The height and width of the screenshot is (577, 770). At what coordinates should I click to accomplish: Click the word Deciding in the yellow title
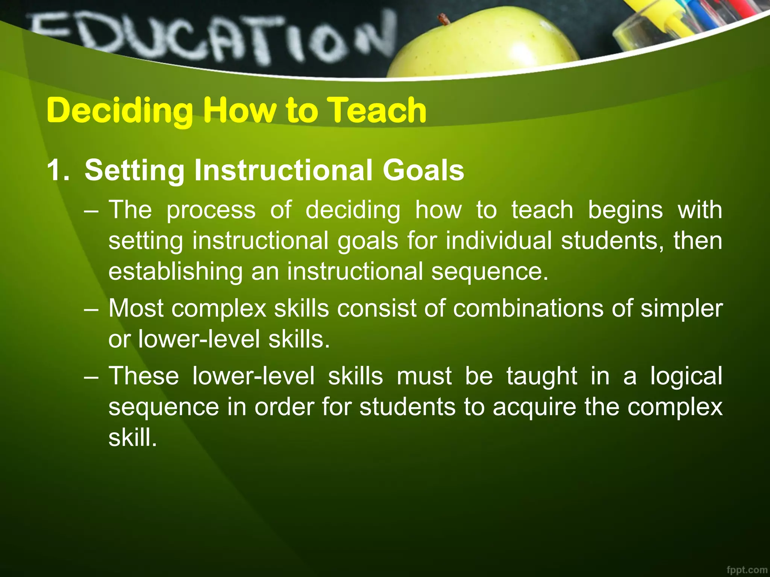[120, 110]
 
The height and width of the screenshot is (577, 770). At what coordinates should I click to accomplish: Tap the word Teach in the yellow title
[376, 110]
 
